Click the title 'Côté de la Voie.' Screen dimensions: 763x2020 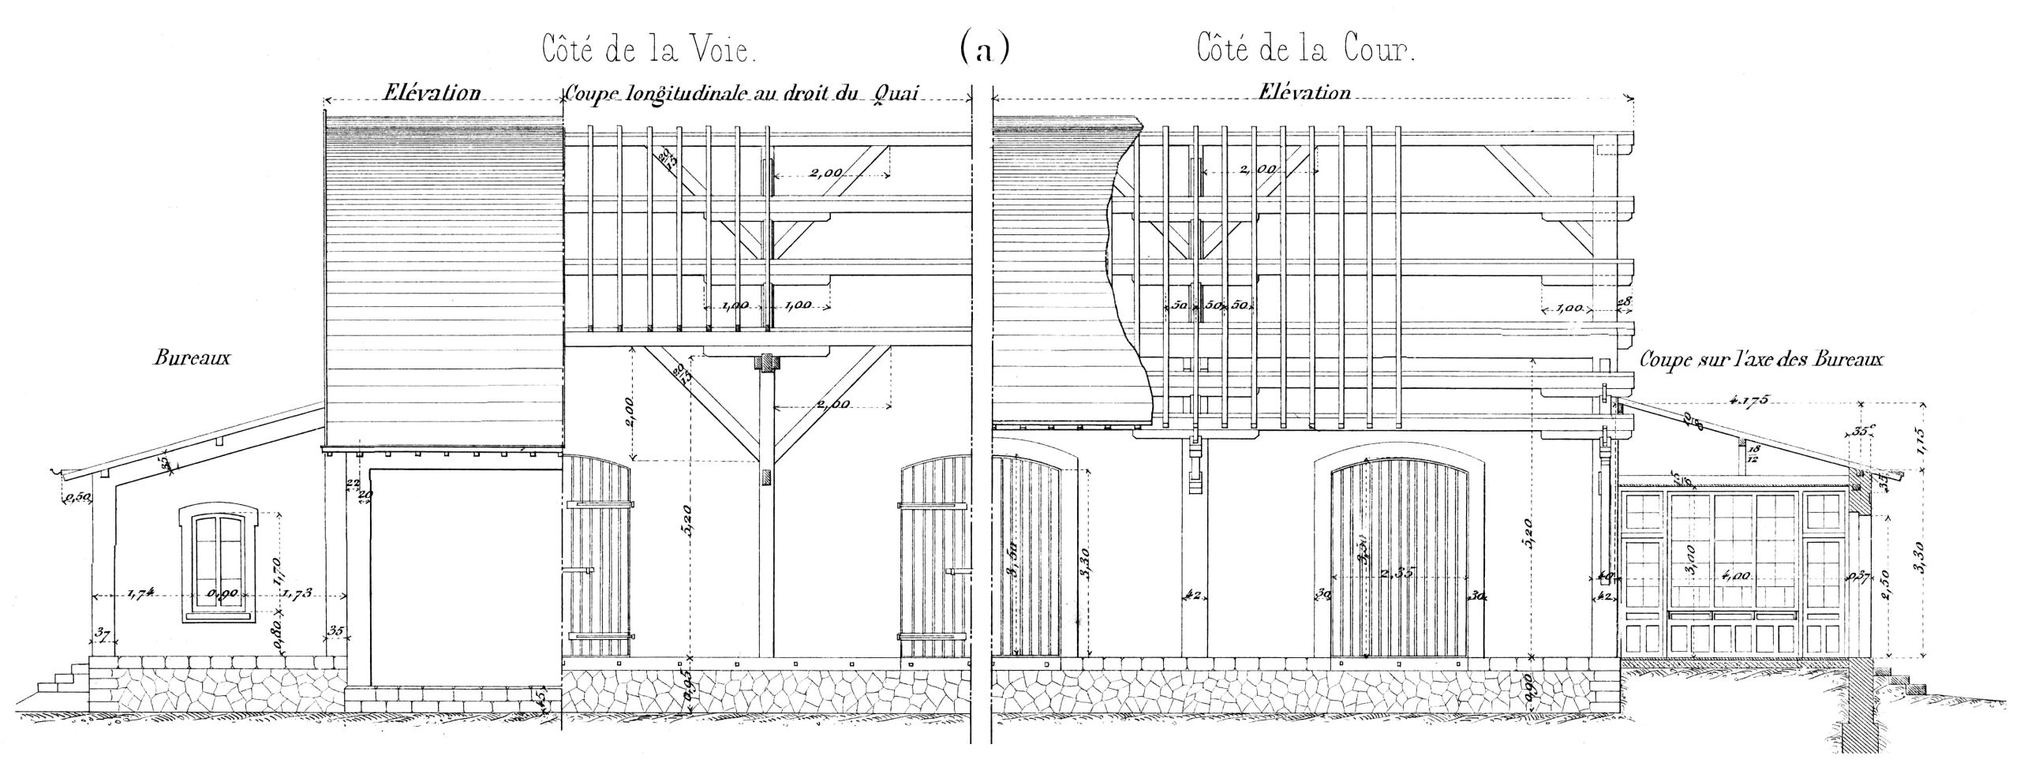(649, 50)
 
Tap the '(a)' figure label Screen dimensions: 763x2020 (984, 50)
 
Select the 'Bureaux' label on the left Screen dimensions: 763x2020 (193, 358)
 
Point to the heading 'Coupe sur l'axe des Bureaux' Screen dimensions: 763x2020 (1761, 360)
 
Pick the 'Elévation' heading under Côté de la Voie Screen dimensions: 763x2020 (432, 93)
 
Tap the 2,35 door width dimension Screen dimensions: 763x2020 (1399, 597)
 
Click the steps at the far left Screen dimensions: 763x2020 (60, 684)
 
